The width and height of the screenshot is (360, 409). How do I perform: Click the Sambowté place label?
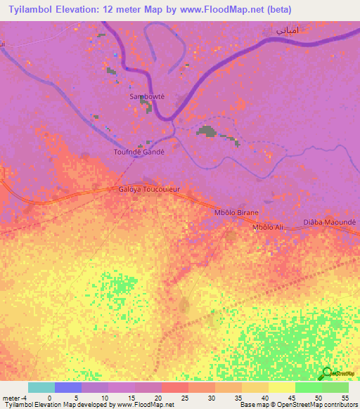pyautogui.click(x=147, y=96)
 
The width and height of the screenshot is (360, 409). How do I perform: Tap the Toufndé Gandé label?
pyautogui.click(x=139, y=151)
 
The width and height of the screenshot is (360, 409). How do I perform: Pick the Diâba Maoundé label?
pyautogui.click(x=330, y=221)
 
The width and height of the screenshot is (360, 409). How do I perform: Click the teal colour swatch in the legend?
pyautogui.click(x=41, y=387)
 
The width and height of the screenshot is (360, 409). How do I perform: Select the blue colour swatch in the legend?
pyautogui.click(x=68, y=387)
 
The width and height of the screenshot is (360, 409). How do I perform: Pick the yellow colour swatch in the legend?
pyautogui.click(x=281, y=387)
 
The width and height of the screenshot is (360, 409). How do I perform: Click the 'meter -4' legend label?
pyautogui.click(x=13, y=397)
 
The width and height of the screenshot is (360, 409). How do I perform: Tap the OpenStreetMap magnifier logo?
pyautogui.click(x=326, y=374)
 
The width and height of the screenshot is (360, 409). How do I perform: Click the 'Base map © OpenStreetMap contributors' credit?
pyautogui.click(x=299, y=405)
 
